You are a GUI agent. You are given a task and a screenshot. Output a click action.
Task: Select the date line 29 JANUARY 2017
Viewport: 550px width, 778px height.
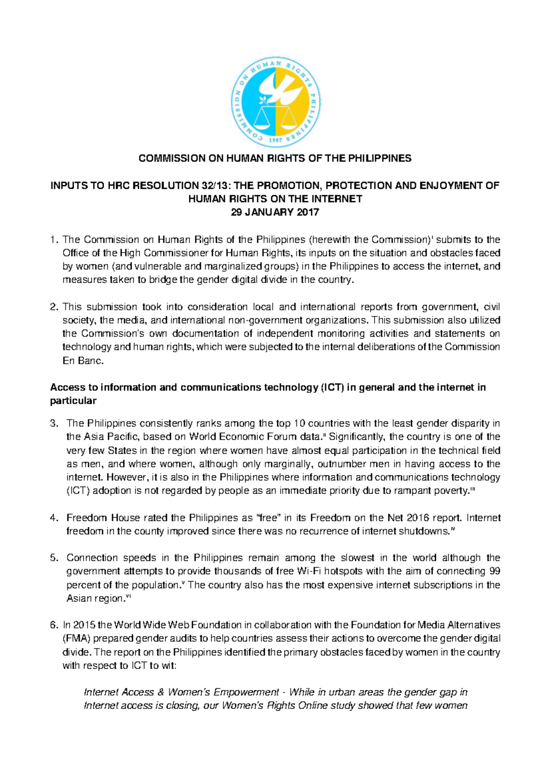point(275,213)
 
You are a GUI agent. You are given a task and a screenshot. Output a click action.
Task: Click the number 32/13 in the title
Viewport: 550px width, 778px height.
point(216,186)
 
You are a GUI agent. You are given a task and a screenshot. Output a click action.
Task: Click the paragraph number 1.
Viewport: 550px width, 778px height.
point(54,240)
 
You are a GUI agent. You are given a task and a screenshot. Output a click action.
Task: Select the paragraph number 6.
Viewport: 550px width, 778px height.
point(54,625)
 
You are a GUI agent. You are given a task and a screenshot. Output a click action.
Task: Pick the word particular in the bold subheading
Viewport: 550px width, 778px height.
point(73,401)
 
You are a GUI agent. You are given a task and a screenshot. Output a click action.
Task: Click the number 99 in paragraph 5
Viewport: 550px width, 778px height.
point(494,571)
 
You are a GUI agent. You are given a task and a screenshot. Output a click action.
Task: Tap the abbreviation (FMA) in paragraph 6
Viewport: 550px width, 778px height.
point(76,639)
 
